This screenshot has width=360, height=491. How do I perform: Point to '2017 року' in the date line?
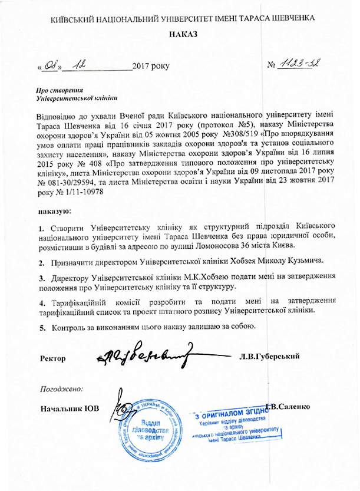tap(151, 65)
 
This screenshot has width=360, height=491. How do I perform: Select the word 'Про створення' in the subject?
tap(58, 90)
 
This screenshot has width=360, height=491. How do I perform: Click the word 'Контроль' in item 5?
tap(72, 327)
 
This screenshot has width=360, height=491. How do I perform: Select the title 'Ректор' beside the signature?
tap(53, 358)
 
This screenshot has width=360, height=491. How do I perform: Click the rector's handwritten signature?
tap(144, 355)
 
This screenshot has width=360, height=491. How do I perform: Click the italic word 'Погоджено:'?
tap(62, 389)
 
